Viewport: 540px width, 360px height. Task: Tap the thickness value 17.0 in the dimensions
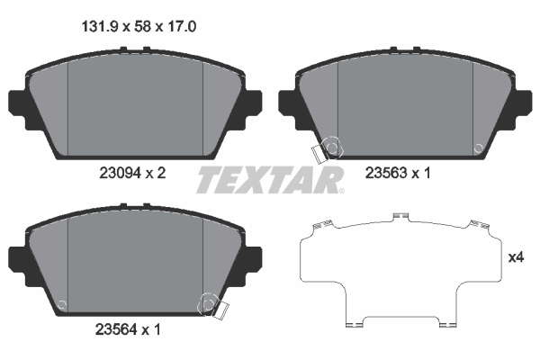point(181,26)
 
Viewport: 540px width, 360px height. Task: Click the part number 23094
point(121,173)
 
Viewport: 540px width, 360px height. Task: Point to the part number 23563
point(386,173)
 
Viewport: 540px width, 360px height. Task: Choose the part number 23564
point(116,329)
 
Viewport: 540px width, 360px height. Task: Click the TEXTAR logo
point(270,180)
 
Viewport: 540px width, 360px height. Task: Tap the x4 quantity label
point(517,257)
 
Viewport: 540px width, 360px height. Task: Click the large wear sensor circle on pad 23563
point(332,148)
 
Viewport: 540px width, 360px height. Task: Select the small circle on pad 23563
point(479,148)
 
